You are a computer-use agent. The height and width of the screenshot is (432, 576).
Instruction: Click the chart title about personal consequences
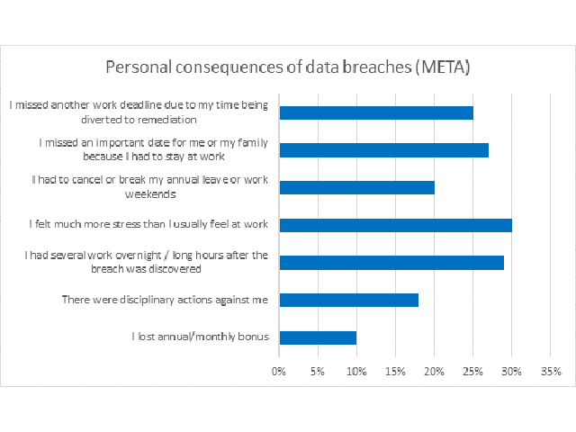point(288,67)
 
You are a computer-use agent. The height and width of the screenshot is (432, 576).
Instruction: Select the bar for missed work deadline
point(376,112)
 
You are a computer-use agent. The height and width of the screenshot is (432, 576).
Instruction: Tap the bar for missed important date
point(384,150)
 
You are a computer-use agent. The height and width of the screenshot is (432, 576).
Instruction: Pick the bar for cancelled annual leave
point(357,187)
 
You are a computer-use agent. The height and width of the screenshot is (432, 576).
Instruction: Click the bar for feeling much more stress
point(396,225)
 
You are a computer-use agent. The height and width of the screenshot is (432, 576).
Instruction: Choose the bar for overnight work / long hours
point(392,263)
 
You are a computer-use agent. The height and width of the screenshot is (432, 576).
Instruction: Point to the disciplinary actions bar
point(349,300)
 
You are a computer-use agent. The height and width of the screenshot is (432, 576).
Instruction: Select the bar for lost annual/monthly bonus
point(319,337)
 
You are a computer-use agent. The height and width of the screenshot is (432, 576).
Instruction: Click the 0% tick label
point(280,371)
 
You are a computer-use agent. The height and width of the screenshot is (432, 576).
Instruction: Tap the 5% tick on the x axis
point(319,371)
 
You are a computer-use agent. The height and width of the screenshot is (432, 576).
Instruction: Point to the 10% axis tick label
point(357,371)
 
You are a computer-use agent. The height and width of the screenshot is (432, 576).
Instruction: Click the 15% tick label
point(396,371)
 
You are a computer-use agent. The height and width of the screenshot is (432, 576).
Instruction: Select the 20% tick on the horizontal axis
point(435,371)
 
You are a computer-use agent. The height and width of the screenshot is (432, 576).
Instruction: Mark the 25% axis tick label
point(473,371)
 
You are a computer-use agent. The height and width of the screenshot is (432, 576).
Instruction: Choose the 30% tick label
point(512,371)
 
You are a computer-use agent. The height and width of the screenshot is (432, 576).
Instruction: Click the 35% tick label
point(551,371)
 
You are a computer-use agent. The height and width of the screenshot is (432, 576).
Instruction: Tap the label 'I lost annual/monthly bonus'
point(199,337)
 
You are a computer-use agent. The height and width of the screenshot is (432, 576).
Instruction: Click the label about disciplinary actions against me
point(164,300)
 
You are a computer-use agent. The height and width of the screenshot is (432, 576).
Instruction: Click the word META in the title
point(439,67)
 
